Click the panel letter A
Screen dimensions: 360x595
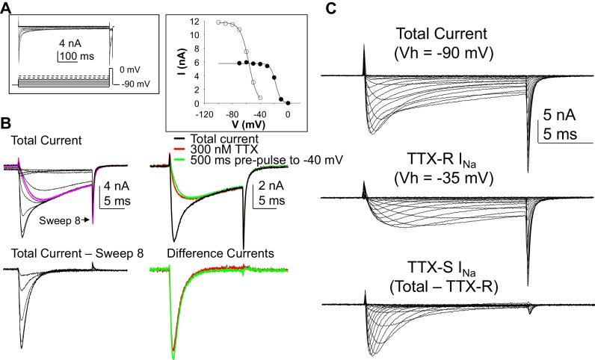tap(6, 7)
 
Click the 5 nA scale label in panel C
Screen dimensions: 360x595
tap(559, 116)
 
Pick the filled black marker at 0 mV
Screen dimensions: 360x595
tap(289, 103)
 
